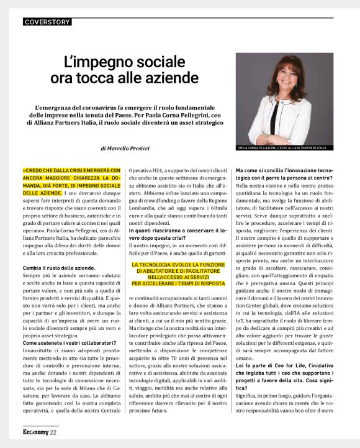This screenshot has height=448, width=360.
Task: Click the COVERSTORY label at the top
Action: pos(47,22)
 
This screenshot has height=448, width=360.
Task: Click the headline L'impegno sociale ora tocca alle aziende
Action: pos(124,70)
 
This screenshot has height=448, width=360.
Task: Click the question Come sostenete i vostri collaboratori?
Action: pos(70,342)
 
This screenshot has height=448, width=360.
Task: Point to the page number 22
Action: pos(54,432)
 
